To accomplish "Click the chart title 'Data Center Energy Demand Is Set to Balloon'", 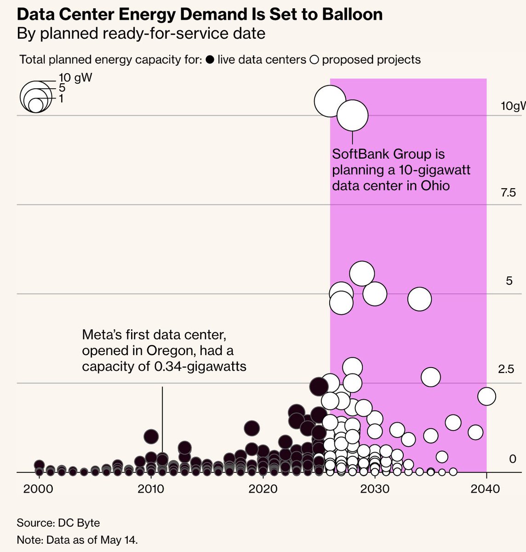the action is pos(200,15).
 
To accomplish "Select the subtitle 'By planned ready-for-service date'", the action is pos(141,34).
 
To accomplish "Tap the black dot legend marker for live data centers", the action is pos(210,60).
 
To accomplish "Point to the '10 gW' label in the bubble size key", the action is pos(75,77).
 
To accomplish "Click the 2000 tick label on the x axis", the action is pos(38,489).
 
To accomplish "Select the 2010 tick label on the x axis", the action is pos(150,489).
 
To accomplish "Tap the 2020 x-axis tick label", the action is pos(263,489).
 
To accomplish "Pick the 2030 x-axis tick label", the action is pos(375,489).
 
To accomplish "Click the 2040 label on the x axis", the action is pos(485,489).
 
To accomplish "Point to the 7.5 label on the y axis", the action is pos(509,193).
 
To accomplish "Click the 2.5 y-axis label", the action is pos(506,369).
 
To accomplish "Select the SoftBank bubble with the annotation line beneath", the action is pos(352,115).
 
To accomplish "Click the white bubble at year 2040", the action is pos(486,396).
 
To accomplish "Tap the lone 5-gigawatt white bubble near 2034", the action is pos(419,299).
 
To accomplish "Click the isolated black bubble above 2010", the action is pos(151,437).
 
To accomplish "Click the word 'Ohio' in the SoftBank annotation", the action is pos(435,186).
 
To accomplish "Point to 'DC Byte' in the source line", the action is pos(79,523).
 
